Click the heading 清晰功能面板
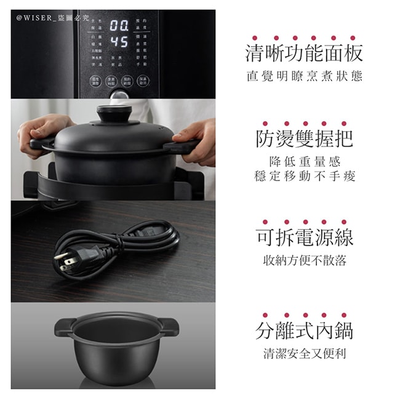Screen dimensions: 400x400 (304, 54)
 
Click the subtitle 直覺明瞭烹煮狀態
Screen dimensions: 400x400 (304, 78)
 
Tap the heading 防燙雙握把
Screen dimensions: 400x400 (304, 138)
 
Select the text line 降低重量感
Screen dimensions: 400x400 (304, 161)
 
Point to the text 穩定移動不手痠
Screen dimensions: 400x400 (304, 177)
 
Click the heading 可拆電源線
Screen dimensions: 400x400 (304, 237)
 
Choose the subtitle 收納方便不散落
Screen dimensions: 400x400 (304, 260)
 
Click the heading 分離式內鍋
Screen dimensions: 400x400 (304, 330)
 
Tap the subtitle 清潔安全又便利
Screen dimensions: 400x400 (304, 354)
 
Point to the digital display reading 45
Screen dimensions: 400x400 (119, 42)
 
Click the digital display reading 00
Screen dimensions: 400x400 (119, 26)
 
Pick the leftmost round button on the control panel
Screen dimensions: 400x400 (95, 81)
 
